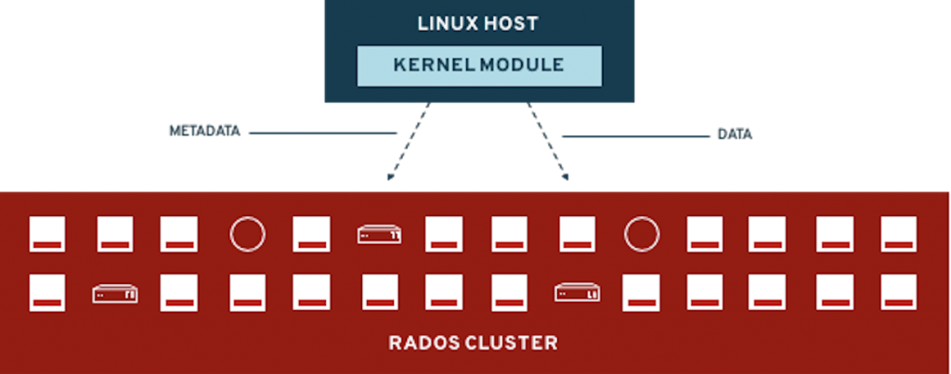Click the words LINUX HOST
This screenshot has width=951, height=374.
pyautogui.click(x=478, y=23)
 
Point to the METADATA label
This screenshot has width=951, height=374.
pyautogui.click(x=205, y=132)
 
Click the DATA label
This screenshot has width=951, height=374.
pyautogui.click(x=735, y=135)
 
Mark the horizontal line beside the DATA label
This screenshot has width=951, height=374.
pyautogui.click(x=635, y=136)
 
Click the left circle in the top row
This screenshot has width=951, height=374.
pyautogui.click(x=248, y=234)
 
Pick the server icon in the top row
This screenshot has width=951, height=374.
pyautogui.click(x=380, y=235)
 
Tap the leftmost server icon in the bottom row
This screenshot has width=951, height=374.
pyautogui.click(x=115, y=294)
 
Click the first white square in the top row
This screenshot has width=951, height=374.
pyautogui.click(x=47, y=234)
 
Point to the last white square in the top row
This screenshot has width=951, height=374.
pyautogui.click(x=898, y=234)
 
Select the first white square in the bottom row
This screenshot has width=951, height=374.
pyautogui.click(x=47, y=292)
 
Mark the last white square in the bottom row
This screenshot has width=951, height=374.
pyautogui.click(x=898, y=292)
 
